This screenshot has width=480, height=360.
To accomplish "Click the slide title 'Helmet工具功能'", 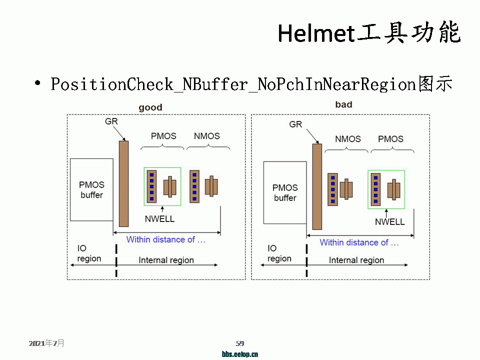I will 369,33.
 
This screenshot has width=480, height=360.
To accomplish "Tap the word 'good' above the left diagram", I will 150,107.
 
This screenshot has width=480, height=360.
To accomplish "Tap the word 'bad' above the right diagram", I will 343,104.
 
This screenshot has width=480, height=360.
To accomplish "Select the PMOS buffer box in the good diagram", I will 91,189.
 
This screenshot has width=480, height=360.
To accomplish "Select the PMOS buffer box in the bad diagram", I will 285,192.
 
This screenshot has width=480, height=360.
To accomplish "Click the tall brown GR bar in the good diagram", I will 123,183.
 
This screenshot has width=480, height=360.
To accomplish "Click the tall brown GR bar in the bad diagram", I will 316,186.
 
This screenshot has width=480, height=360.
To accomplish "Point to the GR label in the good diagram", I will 111,121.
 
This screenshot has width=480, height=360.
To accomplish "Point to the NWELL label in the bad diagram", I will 389,222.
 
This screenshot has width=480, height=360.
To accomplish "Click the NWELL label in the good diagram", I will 159,219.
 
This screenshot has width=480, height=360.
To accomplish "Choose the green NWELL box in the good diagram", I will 162,186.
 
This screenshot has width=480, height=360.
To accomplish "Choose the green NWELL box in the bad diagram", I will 386,189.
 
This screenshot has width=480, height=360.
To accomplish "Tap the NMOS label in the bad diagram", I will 348,139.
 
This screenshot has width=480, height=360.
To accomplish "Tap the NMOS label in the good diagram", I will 206,136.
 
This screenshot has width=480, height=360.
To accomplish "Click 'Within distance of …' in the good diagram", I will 166,239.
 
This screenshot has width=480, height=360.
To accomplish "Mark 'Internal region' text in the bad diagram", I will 356,260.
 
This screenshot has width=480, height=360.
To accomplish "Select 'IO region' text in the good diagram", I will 89,253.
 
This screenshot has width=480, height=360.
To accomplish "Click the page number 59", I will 240,343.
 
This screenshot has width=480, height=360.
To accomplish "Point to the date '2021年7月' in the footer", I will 46,343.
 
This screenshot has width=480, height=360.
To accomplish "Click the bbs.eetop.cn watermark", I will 240,354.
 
